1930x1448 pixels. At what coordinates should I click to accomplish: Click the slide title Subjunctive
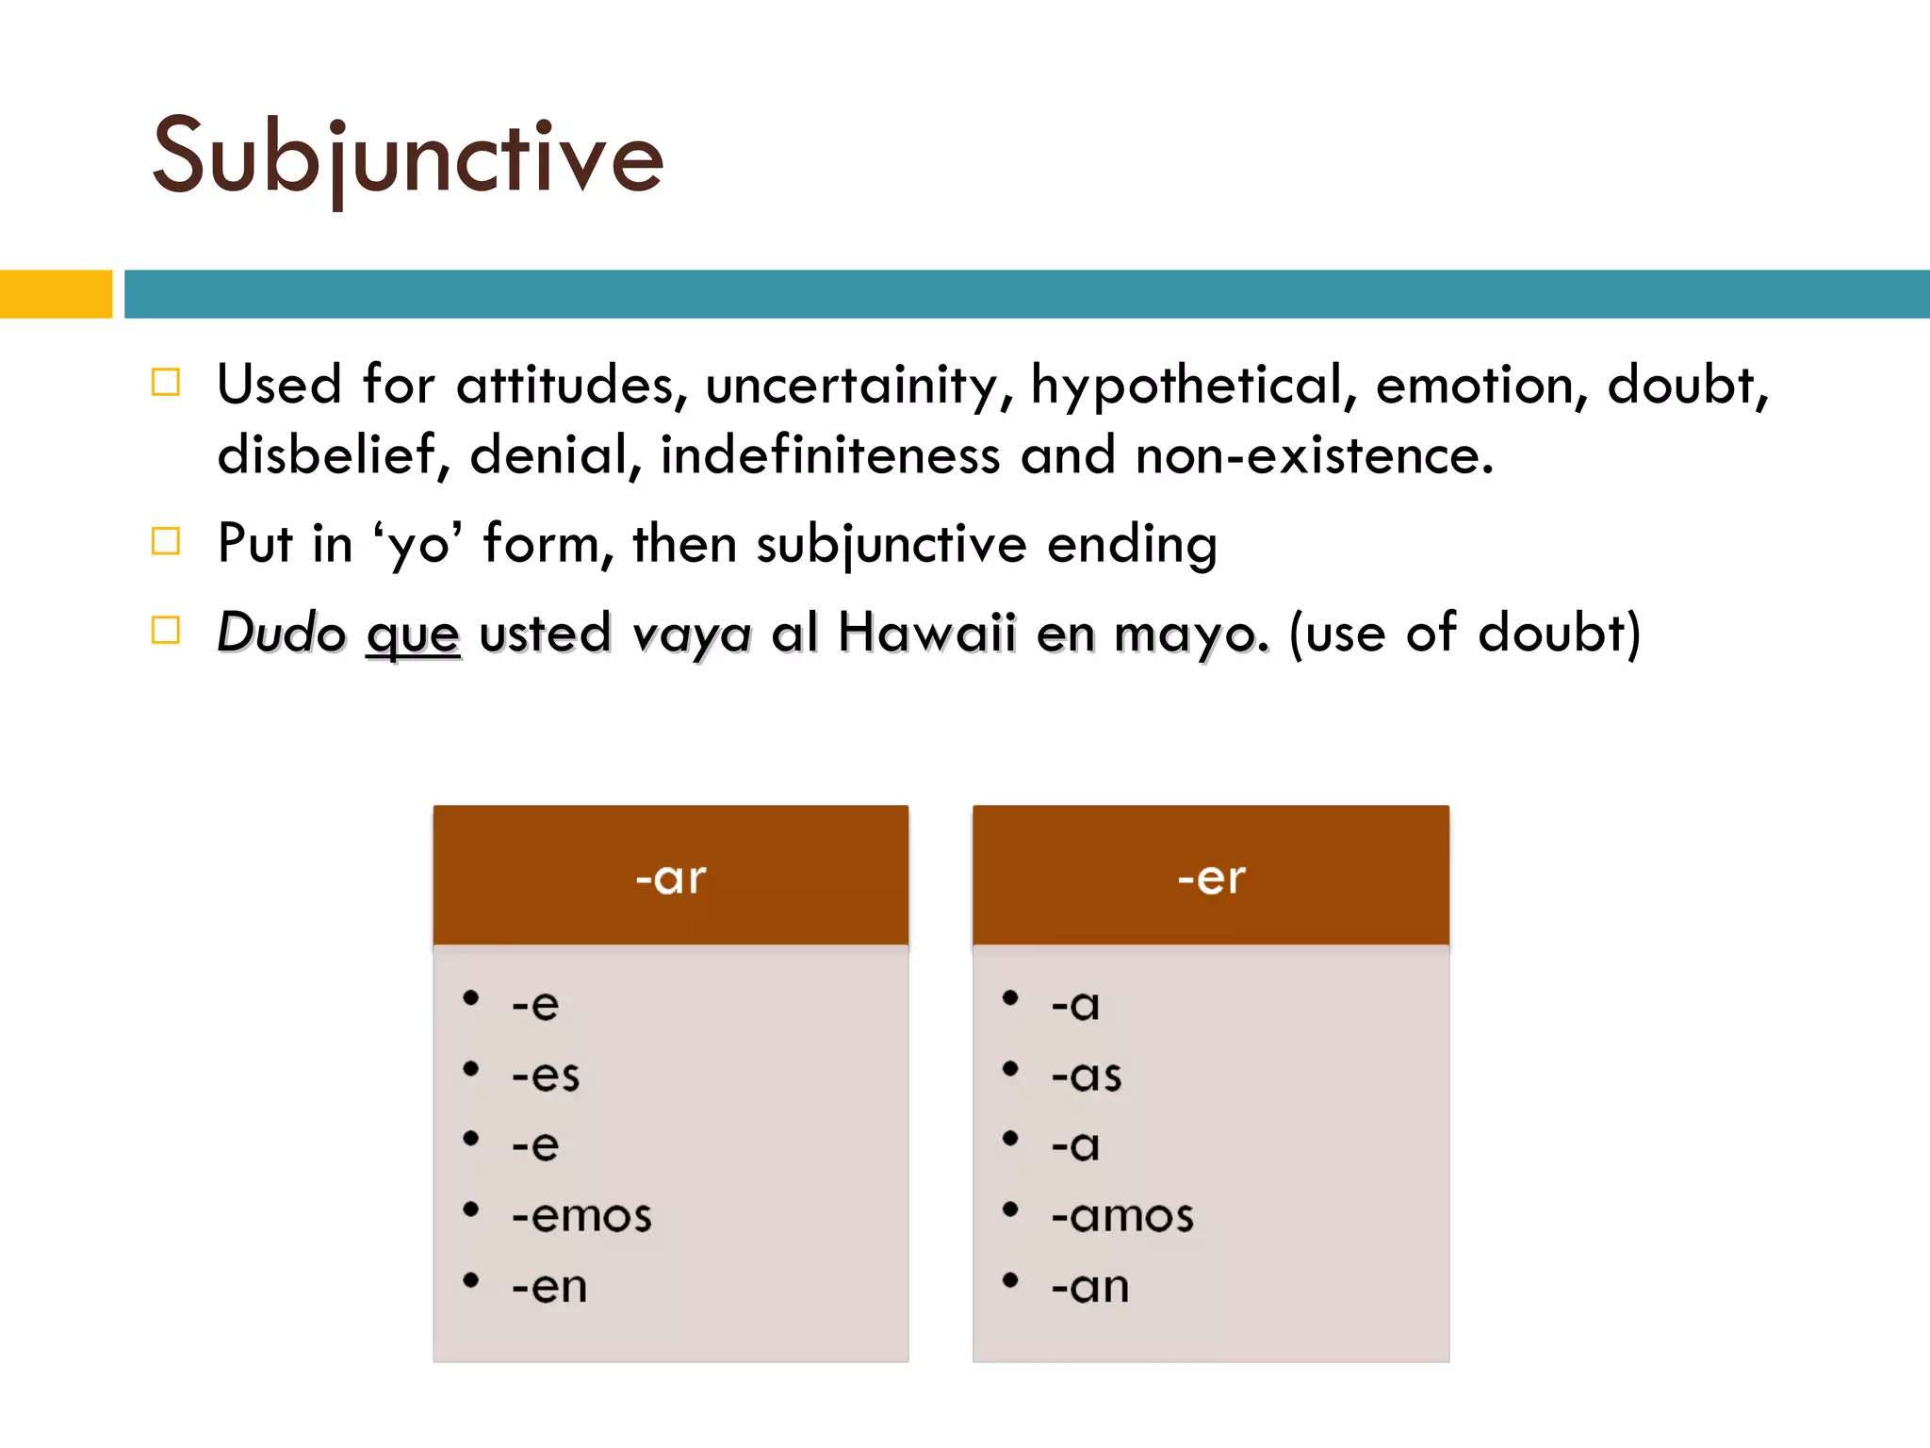(x=408, y=158)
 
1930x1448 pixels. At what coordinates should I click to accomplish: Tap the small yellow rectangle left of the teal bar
(x=56, y=294)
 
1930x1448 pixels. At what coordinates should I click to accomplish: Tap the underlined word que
(x=413, y=633)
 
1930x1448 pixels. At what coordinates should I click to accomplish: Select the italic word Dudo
(x=281, y=632)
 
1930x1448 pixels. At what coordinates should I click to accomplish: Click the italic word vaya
(x=691, y=633)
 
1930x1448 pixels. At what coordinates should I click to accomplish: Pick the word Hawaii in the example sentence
(x=926, y=632)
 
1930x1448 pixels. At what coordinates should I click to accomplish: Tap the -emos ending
(x=581, y=1216)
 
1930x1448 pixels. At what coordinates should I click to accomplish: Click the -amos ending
(x=1122, y=1216)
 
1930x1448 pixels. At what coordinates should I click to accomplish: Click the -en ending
(x=549, y=1287)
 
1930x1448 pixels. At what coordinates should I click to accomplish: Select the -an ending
(x=1090, y=1287)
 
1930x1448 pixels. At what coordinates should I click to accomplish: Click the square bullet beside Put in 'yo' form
(x=166, y=541)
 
